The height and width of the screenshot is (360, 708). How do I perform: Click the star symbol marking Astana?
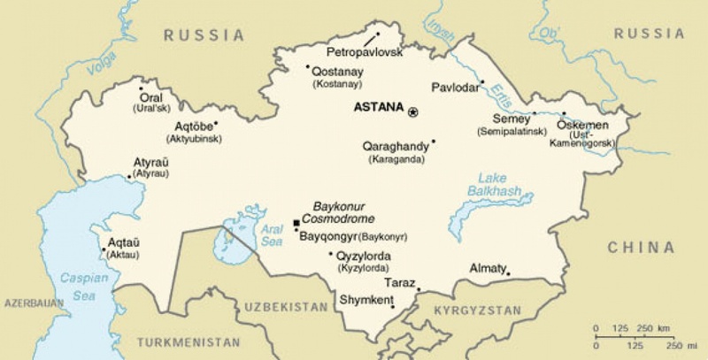412,111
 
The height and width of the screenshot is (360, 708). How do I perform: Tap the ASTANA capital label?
378,108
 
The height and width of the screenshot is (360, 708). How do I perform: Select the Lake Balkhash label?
493,185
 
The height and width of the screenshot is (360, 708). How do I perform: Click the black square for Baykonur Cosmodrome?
296,223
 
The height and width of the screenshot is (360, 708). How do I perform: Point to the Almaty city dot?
508,273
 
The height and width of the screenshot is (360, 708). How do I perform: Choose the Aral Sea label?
271,234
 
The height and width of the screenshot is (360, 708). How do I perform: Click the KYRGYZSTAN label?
478,310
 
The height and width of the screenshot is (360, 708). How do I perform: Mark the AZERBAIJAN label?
35,303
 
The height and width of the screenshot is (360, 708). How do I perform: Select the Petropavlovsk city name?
365,52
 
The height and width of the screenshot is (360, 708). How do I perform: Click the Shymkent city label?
366,300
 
